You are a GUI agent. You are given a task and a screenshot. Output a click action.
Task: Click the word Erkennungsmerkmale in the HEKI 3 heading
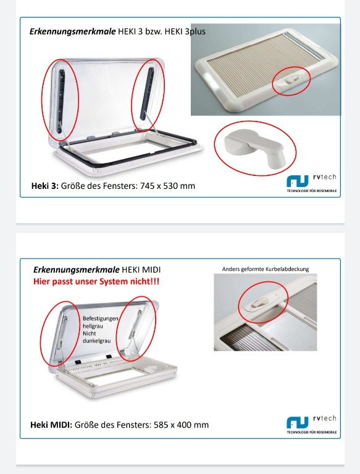point(72,31)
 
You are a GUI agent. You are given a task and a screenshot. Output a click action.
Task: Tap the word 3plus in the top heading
point(195,31)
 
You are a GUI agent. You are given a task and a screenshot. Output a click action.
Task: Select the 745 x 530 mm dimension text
point(167,186)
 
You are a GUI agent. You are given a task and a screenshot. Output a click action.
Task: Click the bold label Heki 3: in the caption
point(45,186)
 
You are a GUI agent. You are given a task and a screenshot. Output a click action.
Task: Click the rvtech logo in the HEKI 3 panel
point(312,183)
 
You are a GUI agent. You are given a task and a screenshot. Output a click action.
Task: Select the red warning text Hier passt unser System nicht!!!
point(96,281)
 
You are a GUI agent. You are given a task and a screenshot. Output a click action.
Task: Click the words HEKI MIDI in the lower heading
point(141,270)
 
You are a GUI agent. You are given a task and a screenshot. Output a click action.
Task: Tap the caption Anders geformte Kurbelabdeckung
point(266,269)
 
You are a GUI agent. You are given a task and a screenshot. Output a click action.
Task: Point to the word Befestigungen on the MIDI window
point(101,318)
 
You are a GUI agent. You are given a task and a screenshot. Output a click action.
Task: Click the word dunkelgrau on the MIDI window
point(97,341)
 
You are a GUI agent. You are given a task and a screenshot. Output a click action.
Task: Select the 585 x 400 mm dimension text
point(181,425)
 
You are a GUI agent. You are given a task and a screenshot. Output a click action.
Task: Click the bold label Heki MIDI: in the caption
point(51,425)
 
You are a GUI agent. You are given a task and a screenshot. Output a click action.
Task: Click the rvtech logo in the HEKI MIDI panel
point(312,424)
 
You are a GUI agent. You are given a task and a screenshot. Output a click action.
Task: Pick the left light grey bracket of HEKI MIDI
point(64,333)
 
